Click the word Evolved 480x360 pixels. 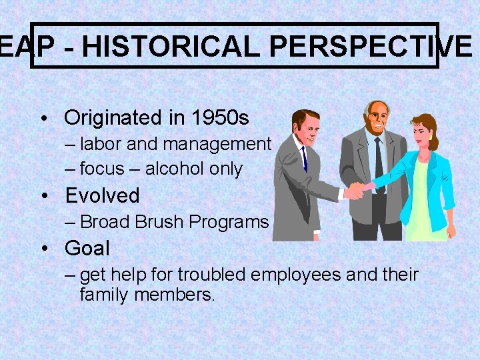(102, 195)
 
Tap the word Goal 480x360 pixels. (87, 249)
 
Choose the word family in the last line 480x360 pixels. (104, 294)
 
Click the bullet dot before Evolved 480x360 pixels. (43, 196)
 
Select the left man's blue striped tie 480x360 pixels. (304, 158)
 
